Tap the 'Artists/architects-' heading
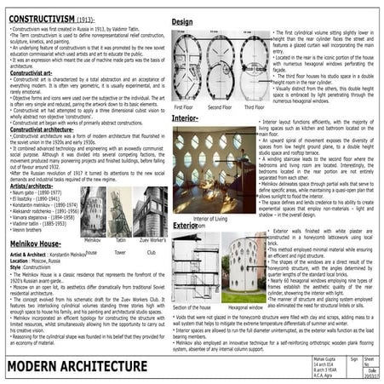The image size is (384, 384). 37,186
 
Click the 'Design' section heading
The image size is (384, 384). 182,20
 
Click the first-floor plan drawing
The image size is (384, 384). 184,66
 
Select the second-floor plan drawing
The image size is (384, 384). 218,66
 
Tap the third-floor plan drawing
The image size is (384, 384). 252,66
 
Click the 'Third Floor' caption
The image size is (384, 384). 255,107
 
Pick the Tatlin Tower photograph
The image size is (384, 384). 119,213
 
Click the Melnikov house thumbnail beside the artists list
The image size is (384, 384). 91,213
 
